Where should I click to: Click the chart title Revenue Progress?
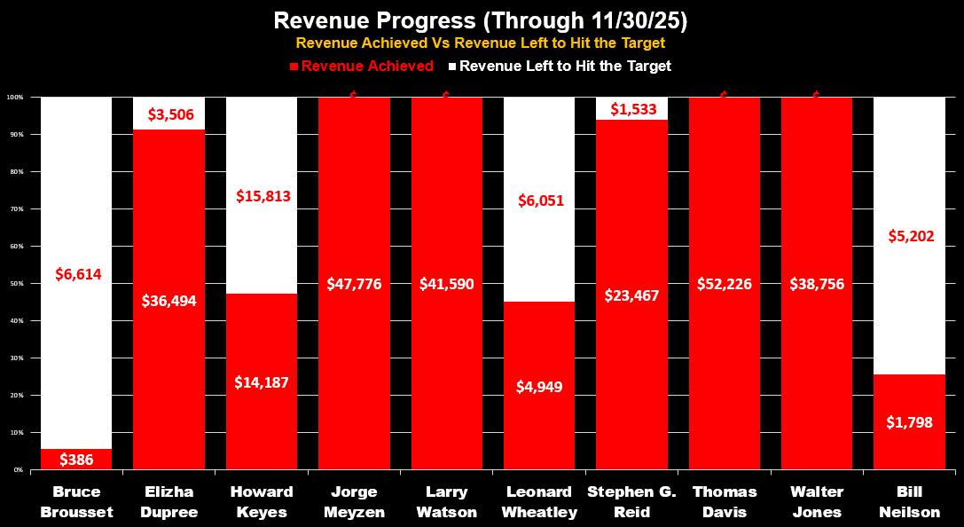[x=481, y=20]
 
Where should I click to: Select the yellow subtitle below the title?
[x=481, y=43]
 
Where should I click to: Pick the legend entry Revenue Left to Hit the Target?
[x=560, y=66]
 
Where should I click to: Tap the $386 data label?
[x=76, y=460]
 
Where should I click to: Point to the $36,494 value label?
[x=169, y=300]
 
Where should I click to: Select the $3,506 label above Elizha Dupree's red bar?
[x=169, y=114]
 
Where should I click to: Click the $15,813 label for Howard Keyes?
[x=263, y=196]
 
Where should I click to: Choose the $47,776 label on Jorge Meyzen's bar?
[x=354, y=284]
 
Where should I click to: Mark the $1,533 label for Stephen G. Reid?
[x=631, y=108]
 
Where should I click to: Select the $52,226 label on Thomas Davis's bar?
[x=724, y=284]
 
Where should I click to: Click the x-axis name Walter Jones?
[x=817, y=501]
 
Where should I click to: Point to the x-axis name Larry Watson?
[x=446, y=501]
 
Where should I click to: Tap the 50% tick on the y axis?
[x=19, y=284]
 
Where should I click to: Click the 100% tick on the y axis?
[x=17, y=97]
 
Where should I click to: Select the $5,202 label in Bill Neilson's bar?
[x=909, y=236]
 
